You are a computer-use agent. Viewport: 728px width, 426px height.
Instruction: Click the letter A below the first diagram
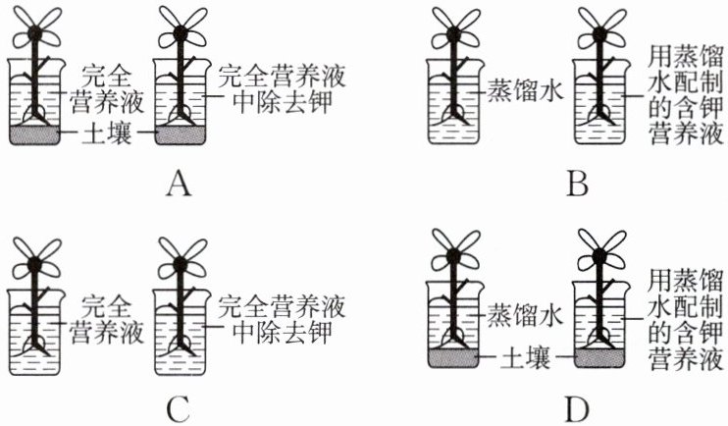tap(178, 185)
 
